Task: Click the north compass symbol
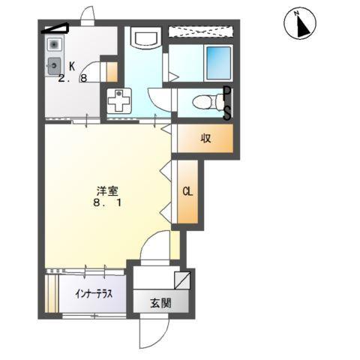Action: coord(299,24)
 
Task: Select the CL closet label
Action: coord(187,191)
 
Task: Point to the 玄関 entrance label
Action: coord(160,303)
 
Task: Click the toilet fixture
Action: coord(202,102)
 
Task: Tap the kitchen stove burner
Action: coord(54,44)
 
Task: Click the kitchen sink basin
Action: coord(54,66)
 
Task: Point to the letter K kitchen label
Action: coord(72,65)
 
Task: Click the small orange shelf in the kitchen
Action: coord(112,73)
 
